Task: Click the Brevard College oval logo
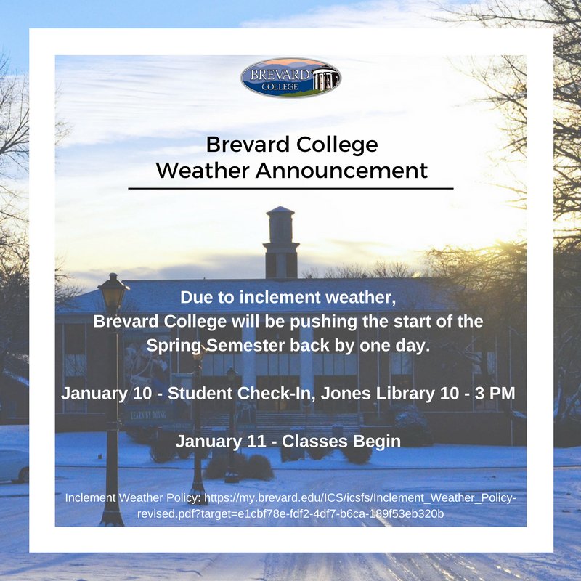click(x=290, y=78)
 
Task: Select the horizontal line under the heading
click(x=290, y=188)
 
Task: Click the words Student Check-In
click(x=219, y=393)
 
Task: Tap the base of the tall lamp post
click(x=112, y=518)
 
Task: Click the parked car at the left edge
click(x=13, y=465)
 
